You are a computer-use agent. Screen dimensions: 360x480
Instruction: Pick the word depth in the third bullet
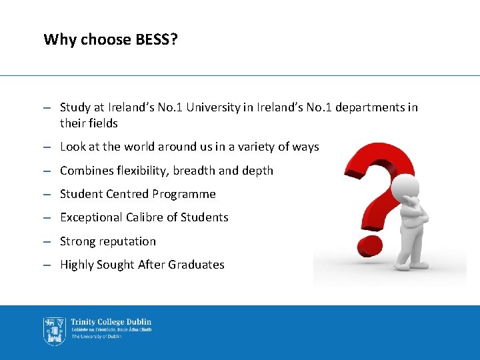pos(257,171)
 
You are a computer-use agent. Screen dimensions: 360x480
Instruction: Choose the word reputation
pos(126,241)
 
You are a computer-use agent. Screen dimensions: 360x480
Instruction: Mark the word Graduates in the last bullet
pos(196,265)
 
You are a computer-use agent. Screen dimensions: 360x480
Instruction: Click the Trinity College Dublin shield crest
pos(54,330)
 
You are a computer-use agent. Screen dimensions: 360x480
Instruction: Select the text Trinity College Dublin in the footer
pos(111,322)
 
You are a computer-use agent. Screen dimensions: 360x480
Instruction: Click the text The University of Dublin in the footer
pos(97,337)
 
